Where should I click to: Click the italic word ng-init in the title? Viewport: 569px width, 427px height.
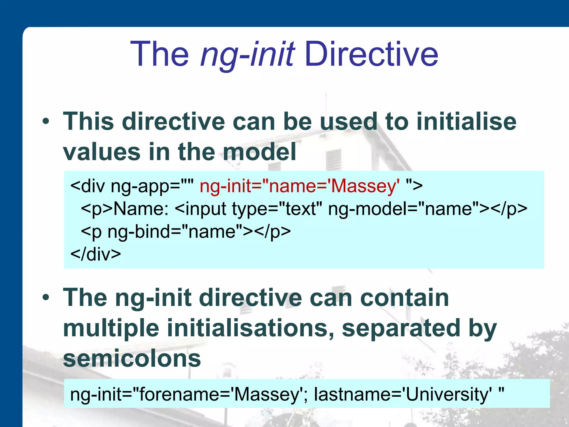click(x=247, y=54)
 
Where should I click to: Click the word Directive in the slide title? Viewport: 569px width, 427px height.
click(x=371, y=54)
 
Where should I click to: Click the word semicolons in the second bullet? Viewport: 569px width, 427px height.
click(x=132, y=359)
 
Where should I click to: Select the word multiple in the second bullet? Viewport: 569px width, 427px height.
click(x=111, y=328)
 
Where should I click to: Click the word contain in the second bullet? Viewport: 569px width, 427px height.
click(x=404, y=297)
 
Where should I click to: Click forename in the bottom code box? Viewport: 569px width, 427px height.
click(x=179, y=394)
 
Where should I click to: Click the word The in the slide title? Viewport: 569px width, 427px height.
click(x=159, y=54)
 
